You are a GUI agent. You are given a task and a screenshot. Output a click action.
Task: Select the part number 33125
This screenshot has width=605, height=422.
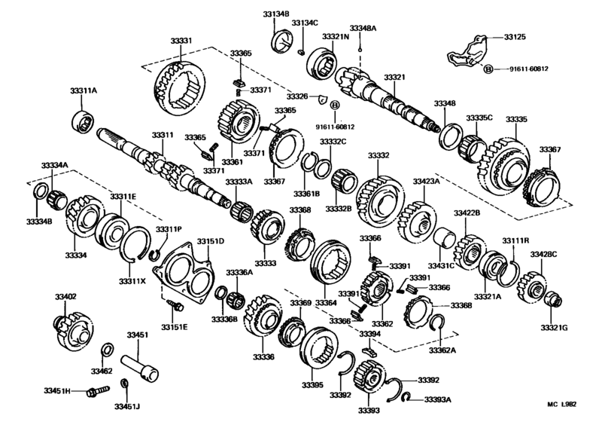click(x=515, y=36)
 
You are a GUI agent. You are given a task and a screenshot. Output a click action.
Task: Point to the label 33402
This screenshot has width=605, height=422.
click(x=66, y=297)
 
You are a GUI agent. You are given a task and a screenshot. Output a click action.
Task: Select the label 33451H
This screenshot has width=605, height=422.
click(x=56, y=391)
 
